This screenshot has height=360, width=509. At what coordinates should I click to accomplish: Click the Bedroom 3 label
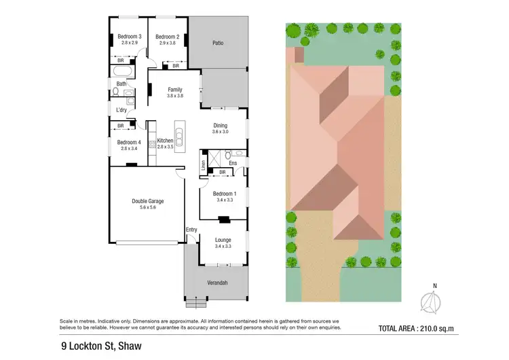pos(129,37)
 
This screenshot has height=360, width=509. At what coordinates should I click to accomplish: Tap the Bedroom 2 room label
pos(167,37)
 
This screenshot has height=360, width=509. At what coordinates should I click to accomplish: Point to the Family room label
pos(175,90)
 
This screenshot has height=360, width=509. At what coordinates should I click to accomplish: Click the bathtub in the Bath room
pos(124,71)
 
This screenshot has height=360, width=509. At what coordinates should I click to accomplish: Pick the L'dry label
pos(122,110)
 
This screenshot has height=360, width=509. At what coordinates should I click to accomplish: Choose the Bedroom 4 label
pos(129,142)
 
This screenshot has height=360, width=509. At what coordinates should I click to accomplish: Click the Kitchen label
pos(166,141)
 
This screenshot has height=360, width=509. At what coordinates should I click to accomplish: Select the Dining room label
pos(221,126)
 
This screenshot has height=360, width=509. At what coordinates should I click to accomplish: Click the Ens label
pos(233,163)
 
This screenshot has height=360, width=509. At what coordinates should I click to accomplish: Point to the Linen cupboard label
pos(204,164)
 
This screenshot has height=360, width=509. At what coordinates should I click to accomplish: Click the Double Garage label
pos(148,201)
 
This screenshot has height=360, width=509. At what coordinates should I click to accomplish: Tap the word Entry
pos(191,230)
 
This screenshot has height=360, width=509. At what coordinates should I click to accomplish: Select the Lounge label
pos(223,240)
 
